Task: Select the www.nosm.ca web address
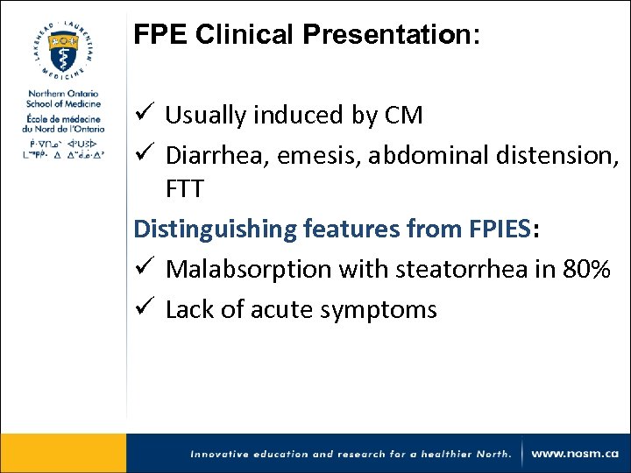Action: pyautogui.click(x=575, y=454)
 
